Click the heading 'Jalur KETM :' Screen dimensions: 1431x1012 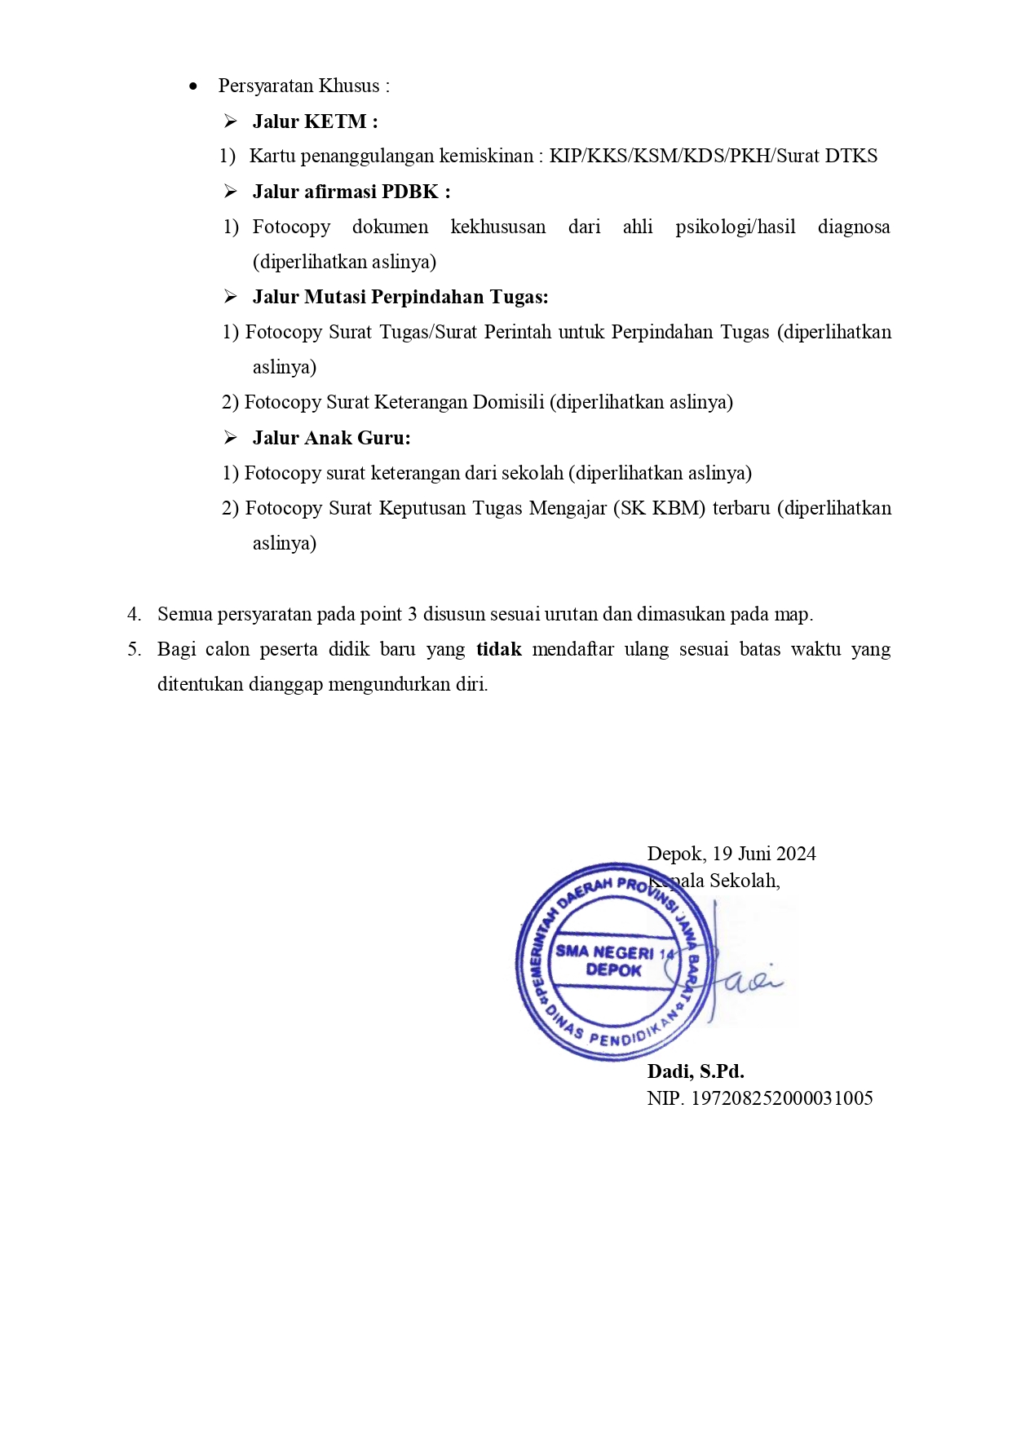(x=315, y=121)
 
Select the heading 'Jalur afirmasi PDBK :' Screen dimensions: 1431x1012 (x=351, y=192)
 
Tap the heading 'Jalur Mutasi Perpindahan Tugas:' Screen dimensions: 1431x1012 (x=400, y=297)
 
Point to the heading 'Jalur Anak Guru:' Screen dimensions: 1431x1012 (x=331, y=438)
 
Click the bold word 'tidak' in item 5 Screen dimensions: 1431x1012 (x=499, y=649)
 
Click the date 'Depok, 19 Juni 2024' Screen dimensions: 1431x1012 (x=731, y=854)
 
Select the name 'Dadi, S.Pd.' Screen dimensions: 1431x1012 (x=695, y=1071)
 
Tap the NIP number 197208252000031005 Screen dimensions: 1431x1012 (x=781, y=1098)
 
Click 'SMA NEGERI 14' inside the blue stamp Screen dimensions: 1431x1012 (x=614, y=952)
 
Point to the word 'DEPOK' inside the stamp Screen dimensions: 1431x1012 (x=613, y=970)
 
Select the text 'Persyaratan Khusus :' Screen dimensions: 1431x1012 (x=303, y=86)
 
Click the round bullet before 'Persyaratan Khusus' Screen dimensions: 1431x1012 (x=193, y=86)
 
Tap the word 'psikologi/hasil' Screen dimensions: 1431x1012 (x=735, y=227)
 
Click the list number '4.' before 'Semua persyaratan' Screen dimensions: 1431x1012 (x=134, y=614)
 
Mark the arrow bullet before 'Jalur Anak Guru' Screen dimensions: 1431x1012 (x=231, y=438)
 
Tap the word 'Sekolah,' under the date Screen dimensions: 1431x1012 (x=745, y=881)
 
